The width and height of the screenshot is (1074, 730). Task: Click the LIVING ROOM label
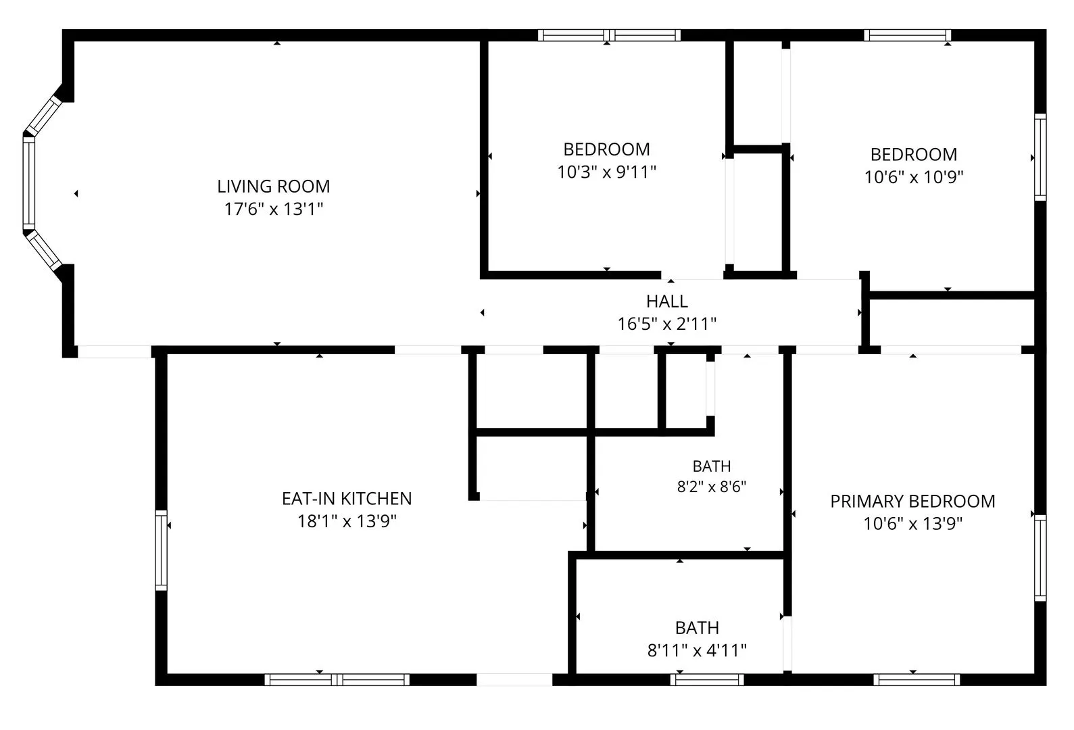pyautogui.click(x=273, y=186)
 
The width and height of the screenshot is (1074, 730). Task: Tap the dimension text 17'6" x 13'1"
pyautogui.click(x=274, y=209)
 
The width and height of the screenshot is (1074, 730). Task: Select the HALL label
pyautogui.click(x=667, y=301)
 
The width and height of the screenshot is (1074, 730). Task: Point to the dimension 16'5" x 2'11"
pyautogui.click(x=667, y=324)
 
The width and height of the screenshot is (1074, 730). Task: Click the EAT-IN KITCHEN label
pyautogui.click(x=347, y=499)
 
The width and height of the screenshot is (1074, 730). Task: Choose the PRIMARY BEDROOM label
pyautogui.click(x=913, y=502)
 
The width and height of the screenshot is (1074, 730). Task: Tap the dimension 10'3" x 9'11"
pyautogui.click(x=606, y=172)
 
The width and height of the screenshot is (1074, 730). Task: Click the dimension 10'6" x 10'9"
pyautogui.click(x=914, y=177)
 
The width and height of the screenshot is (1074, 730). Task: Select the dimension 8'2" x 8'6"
pyautogui.click(x=712, y=487)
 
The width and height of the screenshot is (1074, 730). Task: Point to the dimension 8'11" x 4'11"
pyautogui.click(x=697, y=650)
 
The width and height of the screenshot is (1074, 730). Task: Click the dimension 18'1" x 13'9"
pyautogui.click(x=347, y=521)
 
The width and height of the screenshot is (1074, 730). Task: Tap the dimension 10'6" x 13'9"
pyautogui.click(x=913, y=523)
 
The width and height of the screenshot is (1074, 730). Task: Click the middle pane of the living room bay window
pyautogui.click(x=29, y=183)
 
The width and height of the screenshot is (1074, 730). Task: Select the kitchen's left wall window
pyautogui.click(x=161, y=550)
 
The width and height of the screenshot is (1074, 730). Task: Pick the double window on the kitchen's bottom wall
pyautogui.click(x=337, y=679)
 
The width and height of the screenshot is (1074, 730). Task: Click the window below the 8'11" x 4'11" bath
pyautogui.click(x=707, y=679)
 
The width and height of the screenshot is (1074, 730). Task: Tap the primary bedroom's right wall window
pyautogui.click(x=1040, y=558)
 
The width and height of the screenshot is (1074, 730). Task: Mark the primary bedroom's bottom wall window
pyautogui.click(x=917, y=679)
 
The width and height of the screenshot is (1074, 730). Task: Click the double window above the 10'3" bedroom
pyautogui.click(x=609, y=35)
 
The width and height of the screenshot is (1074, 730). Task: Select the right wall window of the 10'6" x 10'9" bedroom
pyautogui.click(x=1040, y=157)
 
